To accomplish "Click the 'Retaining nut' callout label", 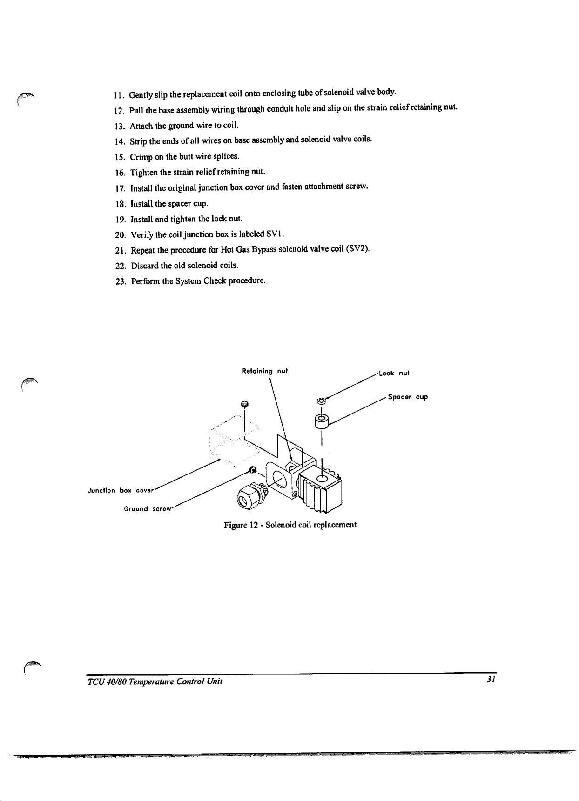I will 265,371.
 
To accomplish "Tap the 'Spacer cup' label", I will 408,397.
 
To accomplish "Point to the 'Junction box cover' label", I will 120,490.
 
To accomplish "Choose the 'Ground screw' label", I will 148,509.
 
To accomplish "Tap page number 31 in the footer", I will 490,680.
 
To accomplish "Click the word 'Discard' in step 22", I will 144,266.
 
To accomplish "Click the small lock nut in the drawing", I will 321,400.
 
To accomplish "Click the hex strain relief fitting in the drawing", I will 249,496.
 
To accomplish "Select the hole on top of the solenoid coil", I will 322,478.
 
